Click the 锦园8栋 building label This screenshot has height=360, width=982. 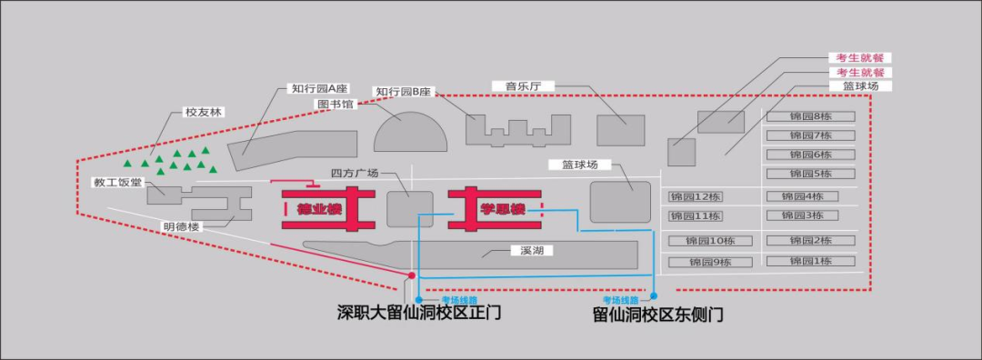coord(811,116)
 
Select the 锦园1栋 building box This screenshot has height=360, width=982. coord(811,261)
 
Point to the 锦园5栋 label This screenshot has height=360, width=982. coord(811,174)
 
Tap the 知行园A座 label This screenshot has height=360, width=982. coord(318,89)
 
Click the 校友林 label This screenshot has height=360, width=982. coord(203,112)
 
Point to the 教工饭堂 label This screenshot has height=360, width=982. coord(118,183)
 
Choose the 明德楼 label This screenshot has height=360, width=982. coord(182,226)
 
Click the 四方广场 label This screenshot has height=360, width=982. coord(354,173)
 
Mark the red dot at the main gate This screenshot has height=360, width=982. coord(412,275)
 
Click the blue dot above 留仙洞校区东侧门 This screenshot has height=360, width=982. coord(653,298)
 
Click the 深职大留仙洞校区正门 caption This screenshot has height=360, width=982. coord(419,314)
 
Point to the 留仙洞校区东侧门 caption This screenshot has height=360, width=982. coord(657,315)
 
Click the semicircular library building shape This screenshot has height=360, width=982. coord(411,135)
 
